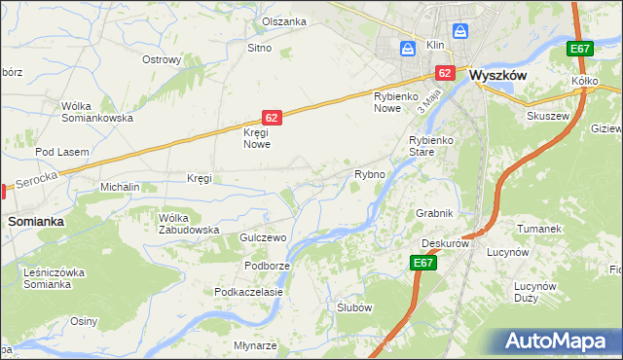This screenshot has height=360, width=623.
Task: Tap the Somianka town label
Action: pos(36,222)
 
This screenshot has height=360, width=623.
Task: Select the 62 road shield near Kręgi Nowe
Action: pos(272,118)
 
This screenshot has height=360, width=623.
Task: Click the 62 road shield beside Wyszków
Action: pos(445,72)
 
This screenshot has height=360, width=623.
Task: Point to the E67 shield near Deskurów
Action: pos(422,263)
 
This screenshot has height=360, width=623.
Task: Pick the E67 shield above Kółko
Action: pos(580,50)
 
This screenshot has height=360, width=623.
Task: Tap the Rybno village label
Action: pos(370,174)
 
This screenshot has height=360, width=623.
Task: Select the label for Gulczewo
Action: pos(261,237)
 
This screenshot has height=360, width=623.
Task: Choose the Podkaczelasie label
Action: pos(248,292)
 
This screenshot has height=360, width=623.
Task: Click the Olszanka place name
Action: pos(284,21)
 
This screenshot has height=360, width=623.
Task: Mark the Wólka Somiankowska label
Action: pos(96,112)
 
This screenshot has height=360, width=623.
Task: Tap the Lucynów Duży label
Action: pos(534,293)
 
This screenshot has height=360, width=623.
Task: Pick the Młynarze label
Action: pos(256,345)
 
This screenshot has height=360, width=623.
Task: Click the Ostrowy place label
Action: pos(162,60)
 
